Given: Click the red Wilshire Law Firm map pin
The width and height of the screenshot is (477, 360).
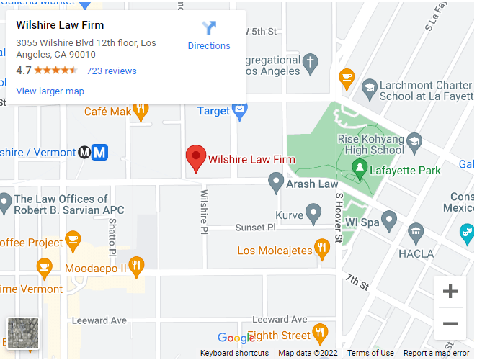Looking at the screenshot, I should [x=196, y=158].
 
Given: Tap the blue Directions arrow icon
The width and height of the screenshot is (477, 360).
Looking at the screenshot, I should [x=209, y=29].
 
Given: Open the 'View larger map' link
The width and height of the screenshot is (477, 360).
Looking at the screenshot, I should [x=50, y=91].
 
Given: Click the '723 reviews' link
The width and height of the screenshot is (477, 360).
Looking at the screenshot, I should [x=111, y=71].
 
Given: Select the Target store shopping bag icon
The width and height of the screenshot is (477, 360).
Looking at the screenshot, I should [x=240, y=111].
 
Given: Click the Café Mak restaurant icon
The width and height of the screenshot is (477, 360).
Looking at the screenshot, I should [x=141, y=111].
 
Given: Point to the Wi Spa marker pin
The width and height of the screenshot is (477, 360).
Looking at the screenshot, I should [x=389, y=220].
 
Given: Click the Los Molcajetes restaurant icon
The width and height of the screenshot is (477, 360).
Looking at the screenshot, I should [x=322, y=250].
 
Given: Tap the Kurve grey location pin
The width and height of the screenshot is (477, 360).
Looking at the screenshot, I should [x=313, y=213].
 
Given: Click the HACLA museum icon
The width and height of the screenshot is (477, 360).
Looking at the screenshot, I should [x=416, y=232].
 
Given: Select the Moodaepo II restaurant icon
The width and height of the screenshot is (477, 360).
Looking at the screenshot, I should [x=136, y=267].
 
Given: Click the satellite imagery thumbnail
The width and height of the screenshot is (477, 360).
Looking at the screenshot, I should [x=22, y=333].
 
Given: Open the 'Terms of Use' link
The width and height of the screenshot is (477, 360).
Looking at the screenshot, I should [x=370, y=353].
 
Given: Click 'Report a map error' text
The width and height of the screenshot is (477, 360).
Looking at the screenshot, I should [x=437, y=353].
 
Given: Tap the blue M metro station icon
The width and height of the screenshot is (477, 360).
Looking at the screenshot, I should [x=100, y=152].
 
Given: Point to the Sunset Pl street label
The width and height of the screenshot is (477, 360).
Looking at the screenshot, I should [x=256, y=228].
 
